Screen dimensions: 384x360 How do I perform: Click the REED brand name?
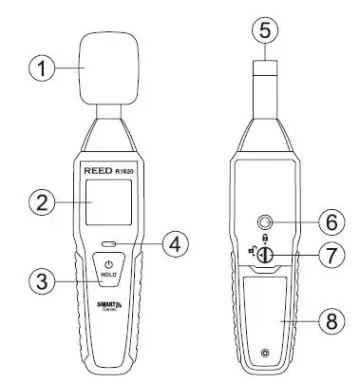pyautogui.click(x=91, y=171)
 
